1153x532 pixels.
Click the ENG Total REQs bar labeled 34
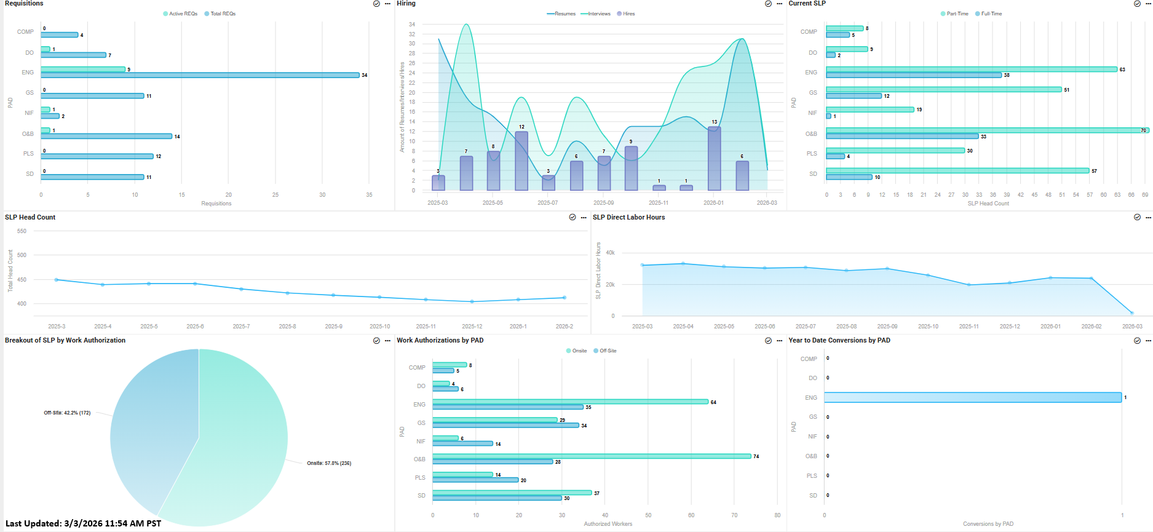point(200,75)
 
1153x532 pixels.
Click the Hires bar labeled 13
point(714,159)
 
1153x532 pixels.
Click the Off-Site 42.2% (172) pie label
point(67,413)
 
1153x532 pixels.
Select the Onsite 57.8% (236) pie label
point(329,463)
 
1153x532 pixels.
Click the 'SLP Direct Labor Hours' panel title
point(628,217)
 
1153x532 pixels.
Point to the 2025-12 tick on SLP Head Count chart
point(472,327)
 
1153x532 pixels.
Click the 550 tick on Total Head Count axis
point(22,231)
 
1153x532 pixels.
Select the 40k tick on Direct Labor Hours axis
point(610,253)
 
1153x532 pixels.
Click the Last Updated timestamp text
point(83,523)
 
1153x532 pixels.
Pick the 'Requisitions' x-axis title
point(216,204)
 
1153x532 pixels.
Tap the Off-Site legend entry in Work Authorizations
point(608,351)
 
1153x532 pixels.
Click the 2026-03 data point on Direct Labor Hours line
point(1131,312)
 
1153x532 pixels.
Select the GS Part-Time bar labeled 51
point(944,90)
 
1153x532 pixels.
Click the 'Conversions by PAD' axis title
point(988,524)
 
